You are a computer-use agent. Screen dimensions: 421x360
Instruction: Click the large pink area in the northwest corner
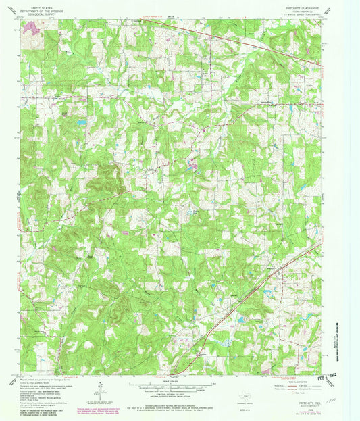click(x=30, y=28)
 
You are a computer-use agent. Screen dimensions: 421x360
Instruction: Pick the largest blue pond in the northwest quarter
click(x=82, y=122)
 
